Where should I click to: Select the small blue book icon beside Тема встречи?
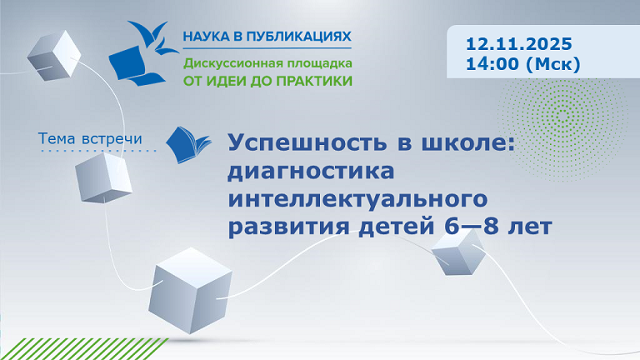tap(183, 144)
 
